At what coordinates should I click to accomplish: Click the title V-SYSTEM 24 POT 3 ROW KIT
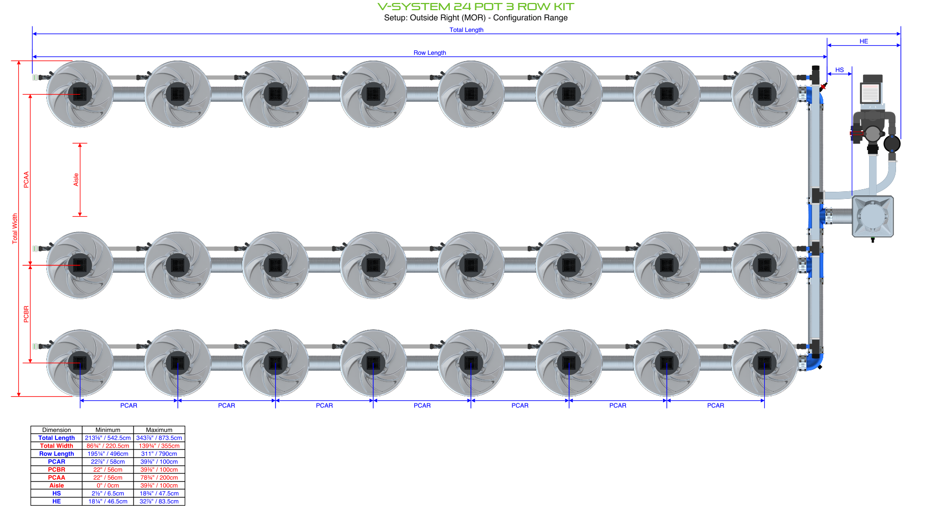point(476,7)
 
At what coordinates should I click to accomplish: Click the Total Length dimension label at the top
point(466,30)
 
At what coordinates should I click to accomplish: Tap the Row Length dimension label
point(429,53)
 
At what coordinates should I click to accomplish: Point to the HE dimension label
point(863,41)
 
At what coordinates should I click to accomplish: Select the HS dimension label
point(839,70)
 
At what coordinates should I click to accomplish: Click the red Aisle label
point(76,180)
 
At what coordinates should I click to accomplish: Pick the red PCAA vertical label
point(26,180)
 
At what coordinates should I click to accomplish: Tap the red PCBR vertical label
point(26,314)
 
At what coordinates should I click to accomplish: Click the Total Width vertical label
point(15,228)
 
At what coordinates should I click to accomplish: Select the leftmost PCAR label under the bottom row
point(129,405)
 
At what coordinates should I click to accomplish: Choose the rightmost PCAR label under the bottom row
point(715,405)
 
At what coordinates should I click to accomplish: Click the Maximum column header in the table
point(159,430)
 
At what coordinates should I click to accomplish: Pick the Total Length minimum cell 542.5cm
point(108,438)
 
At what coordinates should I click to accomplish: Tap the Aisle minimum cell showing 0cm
point(108,486)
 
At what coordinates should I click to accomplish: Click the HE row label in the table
point(56,502)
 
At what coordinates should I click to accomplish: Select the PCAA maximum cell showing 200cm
point(159,478)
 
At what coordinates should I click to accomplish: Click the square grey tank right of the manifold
point(873,216)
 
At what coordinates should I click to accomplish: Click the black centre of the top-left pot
point(80,94)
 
